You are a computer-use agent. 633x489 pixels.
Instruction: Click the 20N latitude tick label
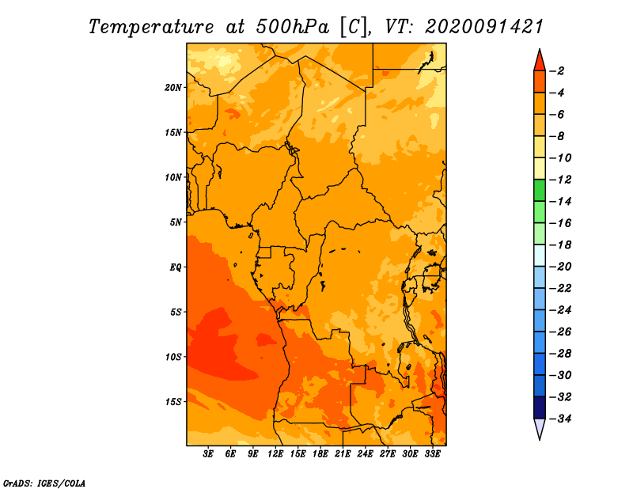pos(172,88)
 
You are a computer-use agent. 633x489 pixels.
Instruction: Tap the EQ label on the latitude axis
pos(175,267)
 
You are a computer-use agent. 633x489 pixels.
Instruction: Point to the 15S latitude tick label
pos(173,402)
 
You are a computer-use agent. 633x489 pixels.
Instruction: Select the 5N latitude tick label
pos(176,222)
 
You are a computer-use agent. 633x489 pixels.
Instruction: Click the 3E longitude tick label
pos(208,454)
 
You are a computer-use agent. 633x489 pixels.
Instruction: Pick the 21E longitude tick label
pos(343,454)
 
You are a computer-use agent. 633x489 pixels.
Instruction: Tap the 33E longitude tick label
pos(432,454)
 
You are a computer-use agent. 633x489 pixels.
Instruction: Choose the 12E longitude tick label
pos(275,454)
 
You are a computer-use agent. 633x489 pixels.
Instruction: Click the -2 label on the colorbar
pos(557,71)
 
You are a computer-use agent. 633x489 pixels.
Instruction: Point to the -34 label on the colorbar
pos(560,419)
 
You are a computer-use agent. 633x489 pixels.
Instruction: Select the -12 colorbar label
pos(560,180)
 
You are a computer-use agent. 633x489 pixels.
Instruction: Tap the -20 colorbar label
pos(560,267)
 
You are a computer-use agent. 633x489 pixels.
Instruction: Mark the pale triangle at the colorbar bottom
pos(540,427)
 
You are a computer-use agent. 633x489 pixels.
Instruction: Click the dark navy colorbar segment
pos(540,407)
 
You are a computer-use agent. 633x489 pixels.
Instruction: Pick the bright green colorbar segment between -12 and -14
pos(540,190)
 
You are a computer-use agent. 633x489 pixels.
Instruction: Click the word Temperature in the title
pos(151,27)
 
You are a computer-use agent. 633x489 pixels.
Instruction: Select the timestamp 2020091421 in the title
pos(484,26)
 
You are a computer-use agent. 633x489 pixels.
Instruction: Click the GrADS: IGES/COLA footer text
pos(44,483)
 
